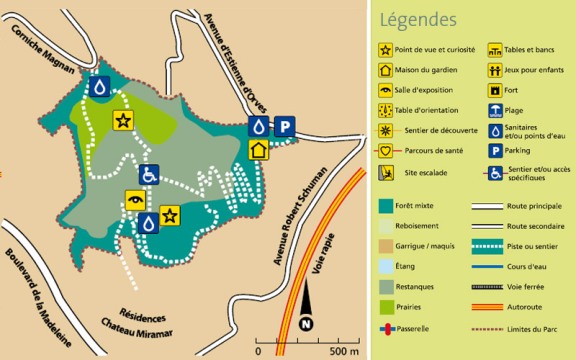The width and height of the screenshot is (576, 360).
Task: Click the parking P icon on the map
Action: [x=285, y=126]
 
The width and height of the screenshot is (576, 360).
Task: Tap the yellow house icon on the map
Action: [x=259, y=149]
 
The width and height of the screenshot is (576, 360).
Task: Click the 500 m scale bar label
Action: [x=342, y=351]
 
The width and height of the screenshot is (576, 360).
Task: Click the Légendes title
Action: [x=418, y=20]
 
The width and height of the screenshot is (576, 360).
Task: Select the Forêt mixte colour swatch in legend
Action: [x=384, y=206]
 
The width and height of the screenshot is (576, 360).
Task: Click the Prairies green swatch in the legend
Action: [x=384, y=307]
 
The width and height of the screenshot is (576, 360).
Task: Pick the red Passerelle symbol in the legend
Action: [x=384, y=327]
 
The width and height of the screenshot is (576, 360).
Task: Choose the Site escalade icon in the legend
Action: [x=384, y=171]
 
